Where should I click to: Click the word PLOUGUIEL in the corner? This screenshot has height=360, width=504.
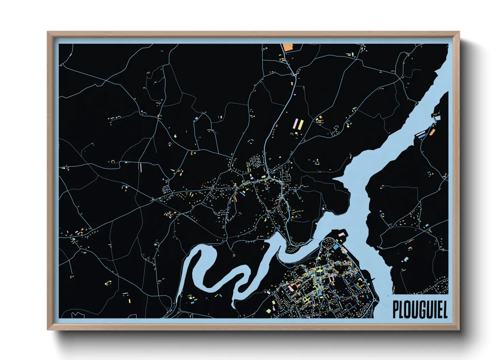(x=420, y=309)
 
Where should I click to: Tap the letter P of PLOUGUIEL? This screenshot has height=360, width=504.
(x=396, y=309)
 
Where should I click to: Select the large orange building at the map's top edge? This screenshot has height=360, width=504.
(x=288, y=47)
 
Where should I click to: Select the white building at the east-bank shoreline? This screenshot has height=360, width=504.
(x=437, y=118)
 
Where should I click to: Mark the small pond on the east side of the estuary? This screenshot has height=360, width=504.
(x=405, y=260)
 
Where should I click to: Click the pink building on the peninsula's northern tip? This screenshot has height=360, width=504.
(x=341, y=234)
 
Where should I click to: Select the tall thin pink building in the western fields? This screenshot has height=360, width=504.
(x=141, y=167)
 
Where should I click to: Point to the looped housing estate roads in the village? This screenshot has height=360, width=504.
(x=255, y=162)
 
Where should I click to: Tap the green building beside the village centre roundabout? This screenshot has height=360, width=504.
(x=264, y=177)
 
